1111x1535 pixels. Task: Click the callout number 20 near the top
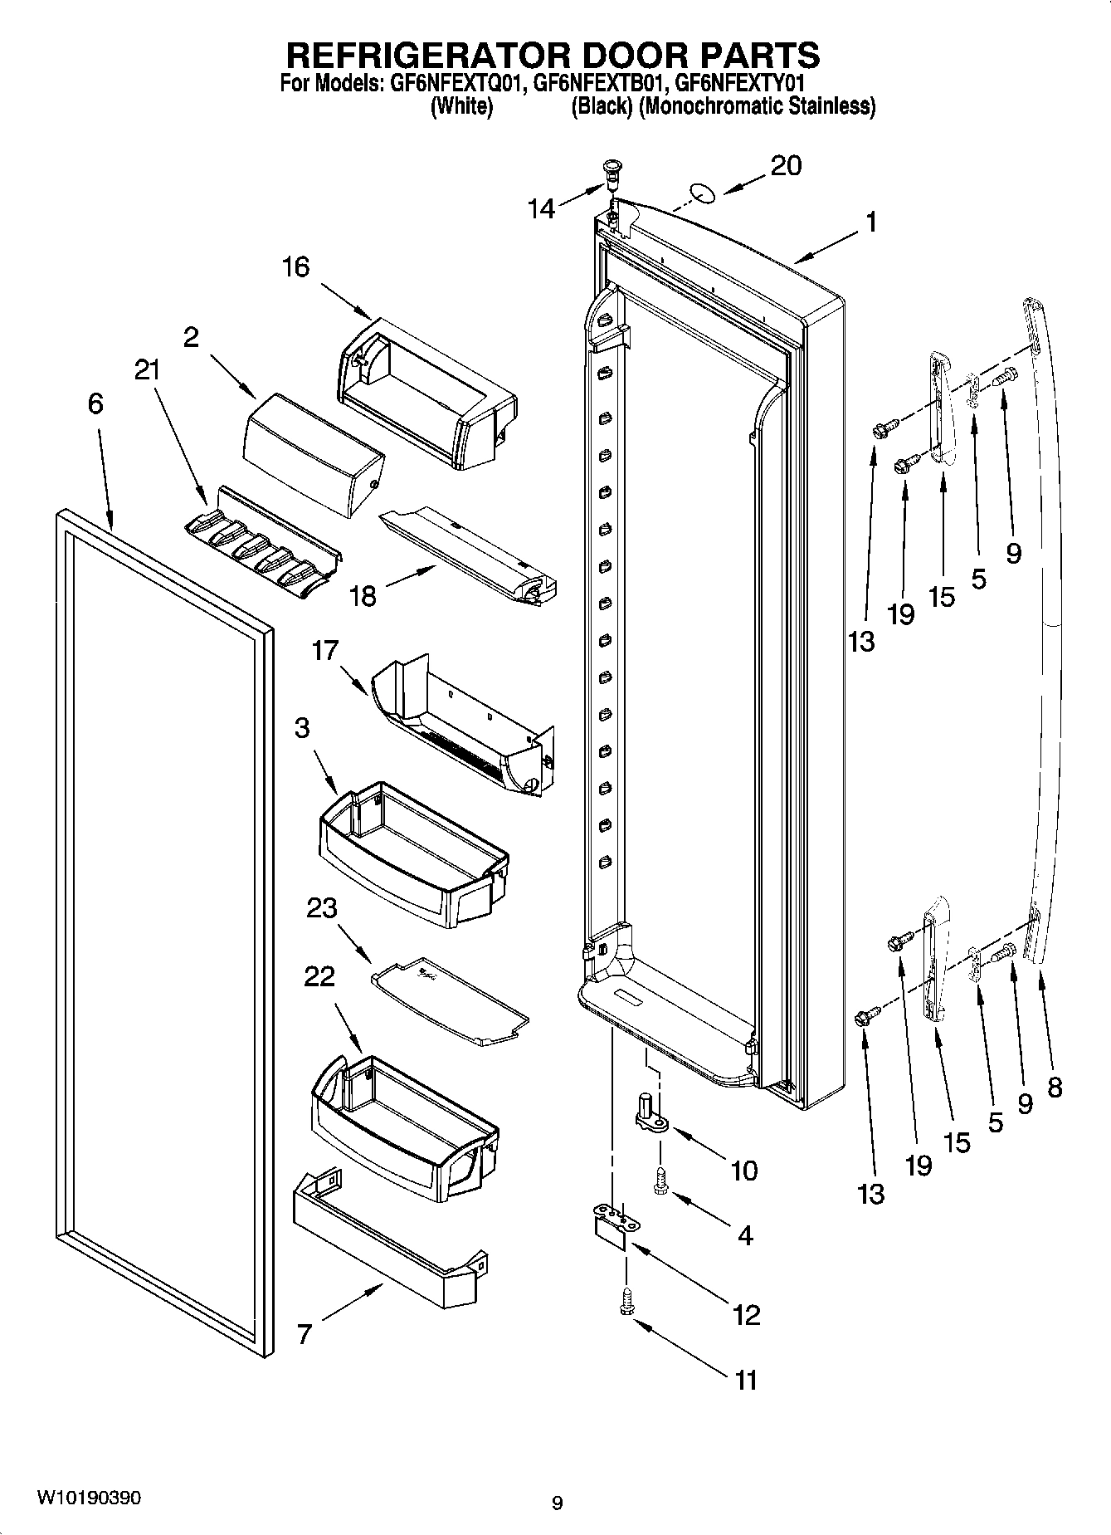786,166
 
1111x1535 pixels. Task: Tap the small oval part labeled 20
703,194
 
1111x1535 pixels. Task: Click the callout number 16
295,266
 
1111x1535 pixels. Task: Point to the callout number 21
147,370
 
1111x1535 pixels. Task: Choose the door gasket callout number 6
95,404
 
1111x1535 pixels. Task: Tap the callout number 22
319,976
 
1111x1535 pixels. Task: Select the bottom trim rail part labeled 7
389,1235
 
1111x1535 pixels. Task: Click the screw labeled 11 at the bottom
626,1308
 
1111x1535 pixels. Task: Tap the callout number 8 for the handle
1055,1087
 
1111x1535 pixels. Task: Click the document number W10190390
89,1498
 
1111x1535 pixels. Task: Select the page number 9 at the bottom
557,1502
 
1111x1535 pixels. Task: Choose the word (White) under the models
461,106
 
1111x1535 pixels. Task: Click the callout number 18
363,595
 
